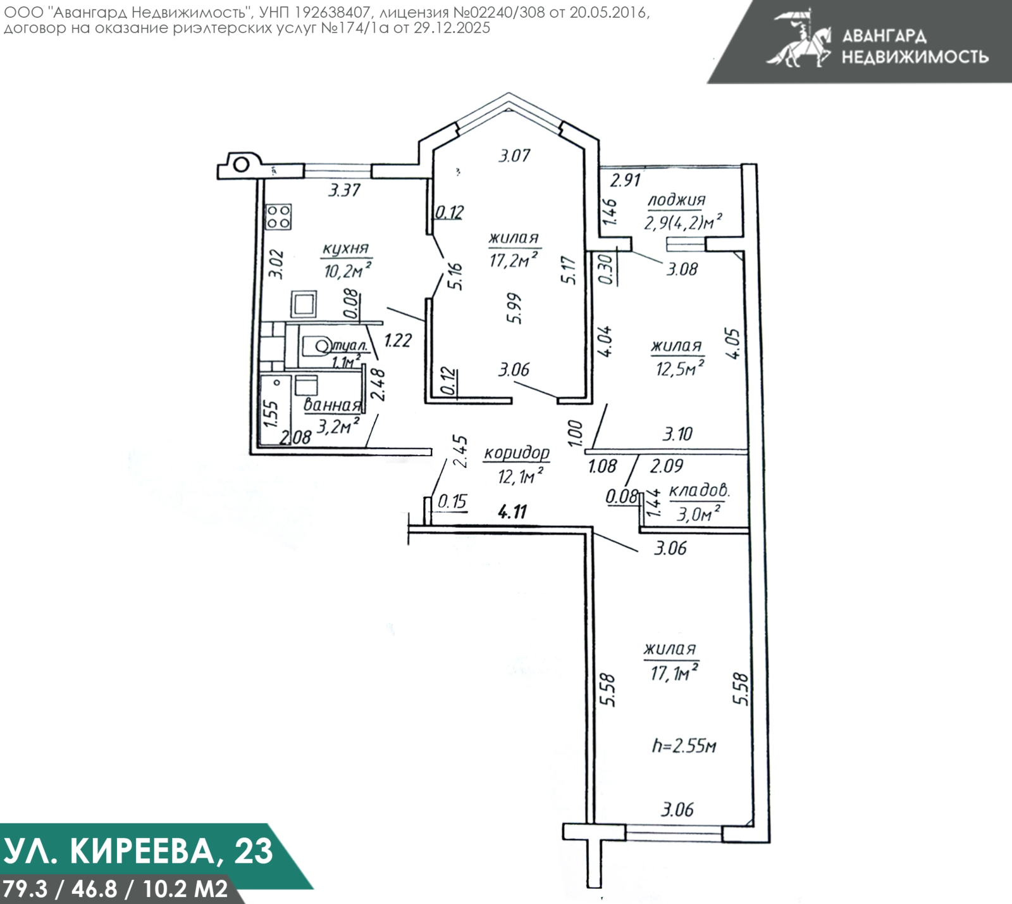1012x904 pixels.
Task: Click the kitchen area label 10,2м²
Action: [x=347, y=271]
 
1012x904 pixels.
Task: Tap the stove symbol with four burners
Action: [x=278, y=217]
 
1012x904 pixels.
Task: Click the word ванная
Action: [x=331, y=405]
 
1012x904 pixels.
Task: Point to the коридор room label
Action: [x=517, y=453]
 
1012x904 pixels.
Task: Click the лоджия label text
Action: [x=676, y=201]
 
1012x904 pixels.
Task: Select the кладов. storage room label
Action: [x=699, y=491]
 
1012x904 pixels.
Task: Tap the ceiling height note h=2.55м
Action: [x=684, y=746]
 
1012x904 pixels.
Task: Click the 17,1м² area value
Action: [x=674, y=672]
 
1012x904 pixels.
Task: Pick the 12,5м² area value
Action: [x=680, y=368]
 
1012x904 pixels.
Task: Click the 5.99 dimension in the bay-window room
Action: [x=515, y=308]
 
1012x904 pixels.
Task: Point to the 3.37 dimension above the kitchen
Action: [x=345, y=190]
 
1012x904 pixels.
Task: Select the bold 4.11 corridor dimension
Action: [x=512, y=512]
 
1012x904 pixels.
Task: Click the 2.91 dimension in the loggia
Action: [x=625, y=180]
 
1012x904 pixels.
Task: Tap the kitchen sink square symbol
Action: [x=304, y=304]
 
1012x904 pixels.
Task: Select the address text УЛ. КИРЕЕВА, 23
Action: [x=139, y=851]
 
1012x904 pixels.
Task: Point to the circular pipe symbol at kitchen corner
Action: [x=241, y=165]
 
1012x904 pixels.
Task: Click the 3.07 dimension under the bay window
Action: [x=514, y=155]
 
